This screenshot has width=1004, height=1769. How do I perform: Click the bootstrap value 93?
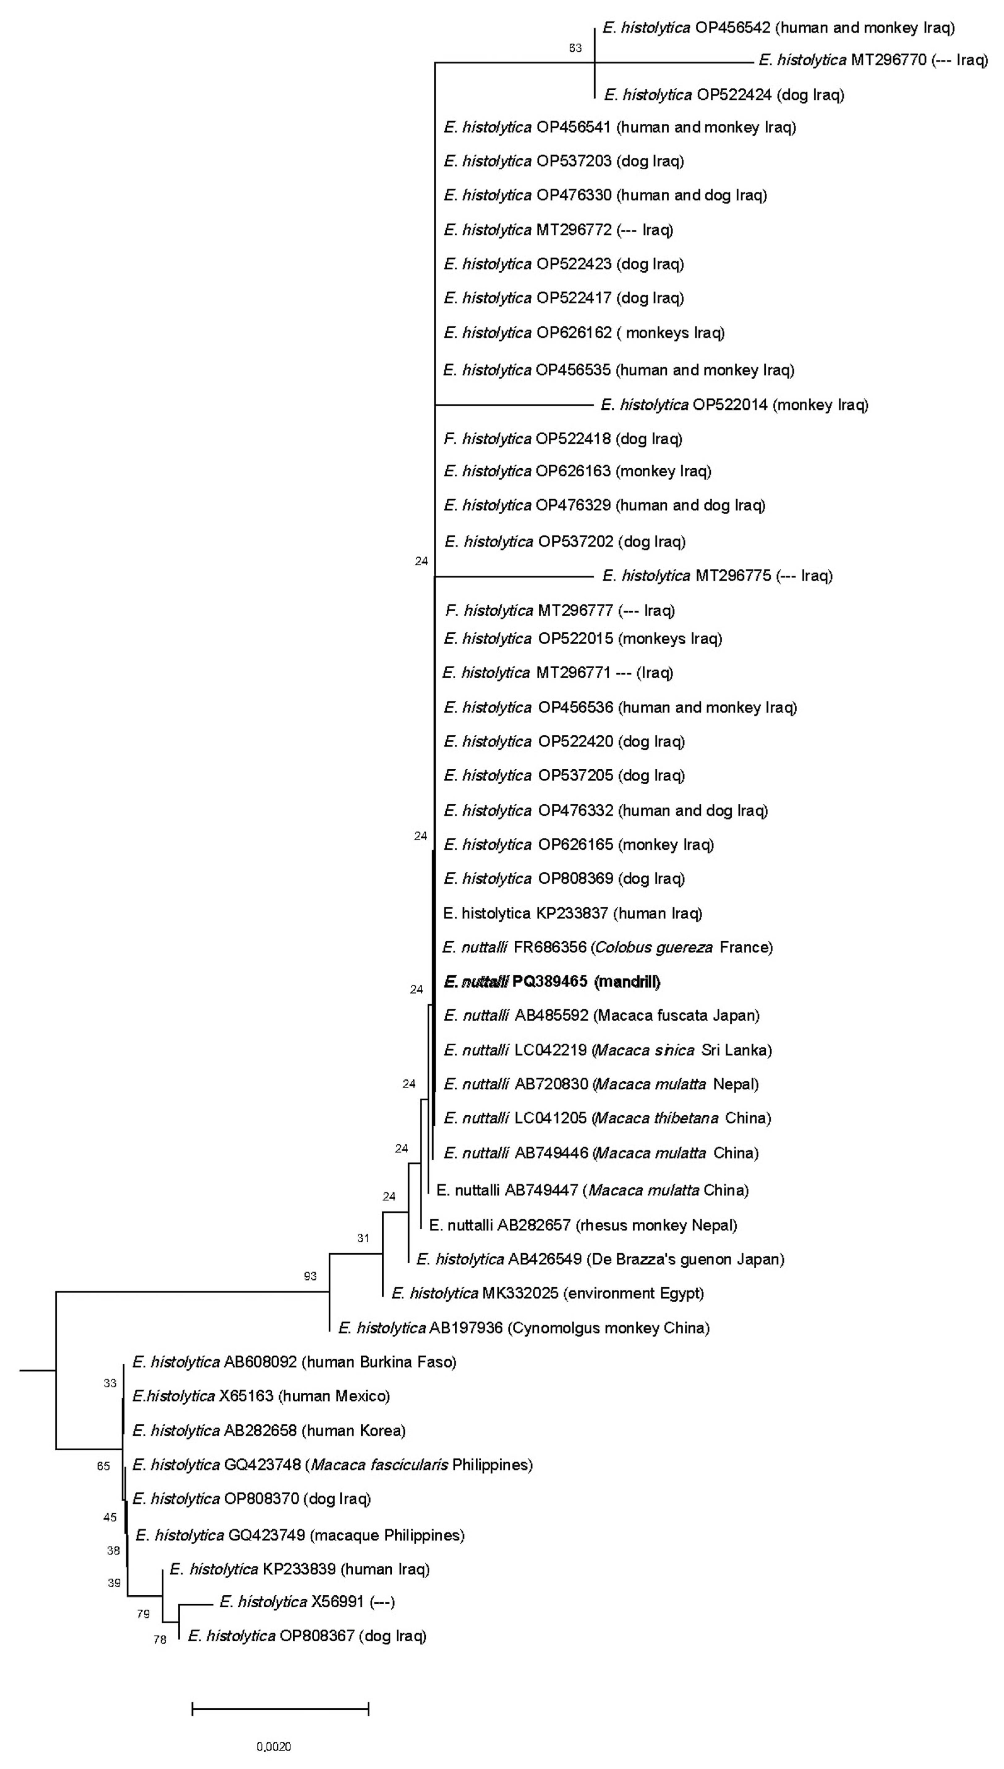click(x=310, y=1276)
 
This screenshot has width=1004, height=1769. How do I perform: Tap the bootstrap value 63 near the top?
click(x=575, y=48)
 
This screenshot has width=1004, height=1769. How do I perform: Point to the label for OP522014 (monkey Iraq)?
click(x=734, y=405)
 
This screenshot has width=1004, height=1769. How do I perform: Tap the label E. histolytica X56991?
click(x=307, y=1601)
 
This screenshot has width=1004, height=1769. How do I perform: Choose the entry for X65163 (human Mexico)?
click(x=261, y=1396)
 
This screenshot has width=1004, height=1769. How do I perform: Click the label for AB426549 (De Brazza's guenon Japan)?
click(x=600, y=1259)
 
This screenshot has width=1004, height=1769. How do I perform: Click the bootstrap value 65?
click(x=104, y=1466)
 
